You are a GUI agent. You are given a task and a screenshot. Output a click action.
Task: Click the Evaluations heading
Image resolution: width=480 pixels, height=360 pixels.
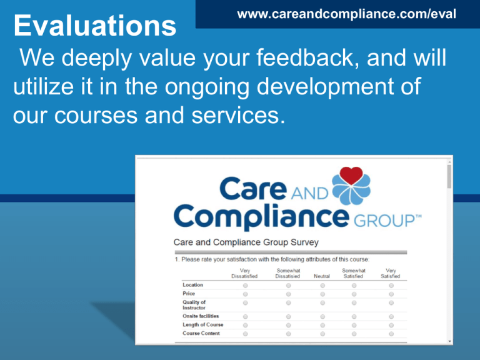(x=95, y=26)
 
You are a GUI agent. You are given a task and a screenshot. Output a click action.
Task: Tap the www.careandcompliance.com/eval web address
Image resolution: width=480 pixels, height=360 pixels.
(x=346, y=14)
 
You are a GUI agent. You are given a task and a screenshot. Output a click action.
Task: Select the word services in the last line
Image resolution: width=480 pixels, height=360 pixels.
(x=238, y=115)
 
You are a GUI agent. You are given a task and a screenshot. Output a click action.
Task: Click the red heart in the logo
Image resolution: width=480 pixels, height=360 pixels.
(x=351, y=176)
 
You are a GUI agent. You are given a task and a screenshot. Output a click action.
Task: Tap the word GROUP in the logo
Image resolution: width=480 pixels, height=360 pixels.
(x=387, y=221)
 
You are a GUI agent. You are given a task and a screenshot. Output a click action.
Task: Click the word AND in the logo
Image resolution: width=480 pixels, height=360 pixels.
(x=309, y=194)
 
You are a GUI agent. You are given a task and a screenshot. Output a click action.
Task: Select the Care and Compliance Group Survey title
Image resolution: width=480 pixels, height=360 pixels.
(x=246, y=242)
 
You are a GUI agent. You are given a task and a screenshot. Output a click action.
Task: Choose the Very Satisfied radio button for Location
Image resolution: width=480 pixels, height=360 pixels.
(x=391, y=286)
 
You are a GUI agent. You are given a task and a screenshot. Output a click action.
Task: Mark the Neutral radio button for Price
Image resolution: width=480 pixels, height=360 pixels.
(x=322, y=294)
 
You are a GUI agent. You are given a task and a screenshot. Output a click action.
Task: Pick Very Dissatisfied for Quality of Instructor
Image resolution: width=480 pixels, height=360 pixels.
(x=245, y=303)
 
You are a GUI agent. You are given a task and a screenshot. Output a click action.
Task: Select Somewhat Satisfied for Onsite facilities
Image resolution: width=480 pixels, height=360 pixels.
(x=354, y=316)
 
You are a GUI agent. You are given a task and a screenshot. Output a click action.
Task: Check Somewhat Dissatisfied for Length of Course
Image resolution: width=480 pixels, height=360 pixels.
(x=288, y=325)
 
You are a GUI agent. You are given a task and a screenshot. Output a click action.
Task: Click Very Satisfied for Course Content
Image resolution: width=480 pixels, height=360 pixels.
(x=391, y=334)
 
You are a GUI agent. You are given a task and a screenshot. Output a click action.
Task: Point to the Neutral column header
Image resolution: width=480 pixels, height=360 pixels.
(x=322, y=276)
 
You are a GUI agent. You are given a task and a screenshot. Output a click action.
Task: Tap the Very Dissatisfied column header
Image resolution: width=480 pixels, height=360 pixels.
(x=244, y=273)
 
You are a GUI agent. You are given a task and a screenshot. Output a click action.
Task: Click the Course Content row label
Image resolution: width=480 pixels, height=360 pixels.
(x=201, y=333)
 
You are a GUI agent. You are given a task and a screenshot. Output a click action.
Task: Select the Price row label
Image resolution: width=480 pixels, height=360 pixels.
(x=189, y=294)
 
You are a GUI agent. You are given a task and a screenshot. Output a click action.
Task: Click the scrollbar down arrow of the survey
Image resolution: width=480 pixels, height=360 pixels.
(x=449, y=341)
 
